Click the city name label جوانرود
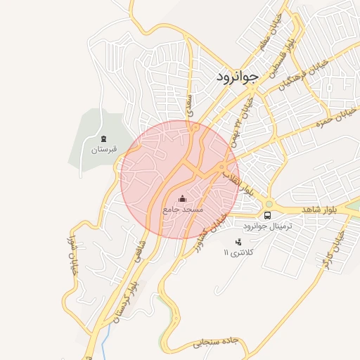pos(237,75)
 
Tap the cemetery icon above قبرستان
pos(104,138)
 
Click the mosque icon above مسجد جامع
pos(183,199)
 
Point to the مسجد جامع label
pos(183,210)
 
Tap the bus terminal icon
pos(268,215)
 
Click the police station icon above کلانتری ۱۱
pos(237,242)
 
